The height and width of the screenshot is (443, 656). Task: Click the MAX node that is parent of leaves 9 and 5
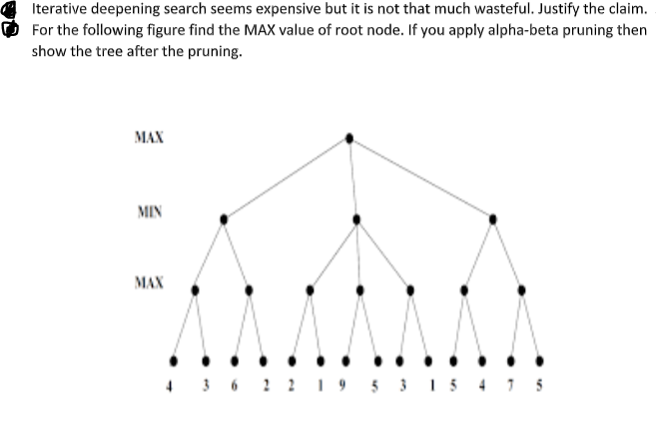(x=360, y=290)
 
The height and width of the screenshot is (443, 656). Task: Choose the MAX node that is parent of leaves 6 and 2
(x=248, y=290)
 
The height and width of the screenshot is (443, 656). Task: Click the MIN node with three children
(x=356, y=217)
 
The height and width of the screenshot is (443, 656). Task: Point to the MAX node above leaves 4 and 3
(x=195, y=290)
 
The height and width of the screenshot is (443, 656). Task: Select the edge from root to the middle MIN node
(x=352, y=177)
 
